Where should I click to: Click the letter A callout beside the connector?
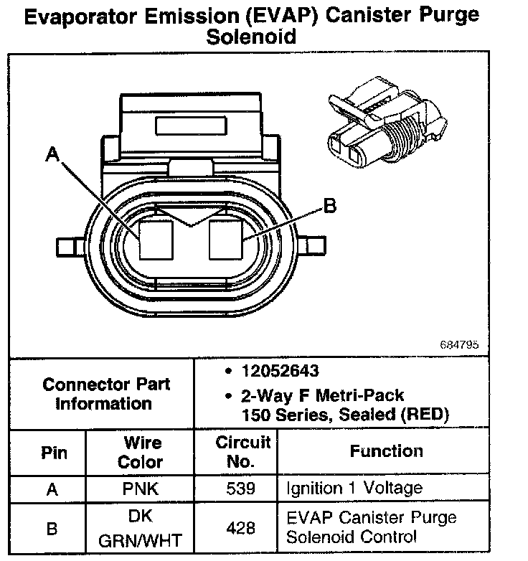(x=52, y=154)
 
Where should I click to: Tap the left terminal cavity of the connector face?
(x=157, y=239)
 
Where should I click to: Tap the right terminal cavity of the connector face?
(x=227, y=239)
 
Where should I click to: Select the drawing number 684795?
(x=459, y=344)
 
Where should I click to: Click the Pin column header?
(x=53, y=453)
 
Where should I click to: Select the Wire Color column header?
(x=141, y=453)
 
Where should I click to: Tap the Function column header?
(x=386, y=451)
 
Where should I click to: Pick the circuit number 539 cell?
(x=240, y=489)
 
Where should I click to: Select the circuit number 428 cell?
(x=240, y=527)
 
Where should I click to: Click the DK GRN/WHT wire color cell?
(x=141, y=528)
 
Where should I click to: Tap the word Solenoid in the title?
(x=251, y=37)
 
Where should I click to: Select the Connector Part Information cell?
(x=106, y=394)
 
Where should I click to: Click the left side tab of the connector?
(x=69, y=247)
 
